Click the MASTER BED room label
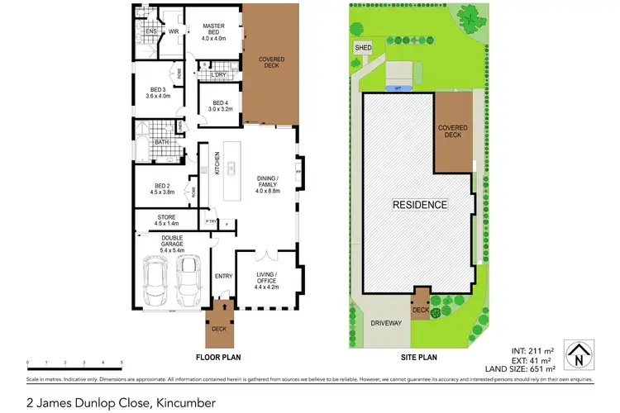(214, 31)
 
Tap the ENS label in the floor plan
(151, 32)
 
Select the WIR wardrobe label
(174, 32)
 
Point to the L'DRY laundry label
(219, 75)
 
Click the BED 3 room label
(159, 93)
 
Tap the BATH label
(161, 142)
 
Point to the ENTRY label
(222, 276)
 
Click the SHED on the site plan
(364, 49)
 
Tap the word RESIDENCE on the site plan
(419, 204)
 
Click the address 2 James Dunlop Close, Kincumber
(122, 402)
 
